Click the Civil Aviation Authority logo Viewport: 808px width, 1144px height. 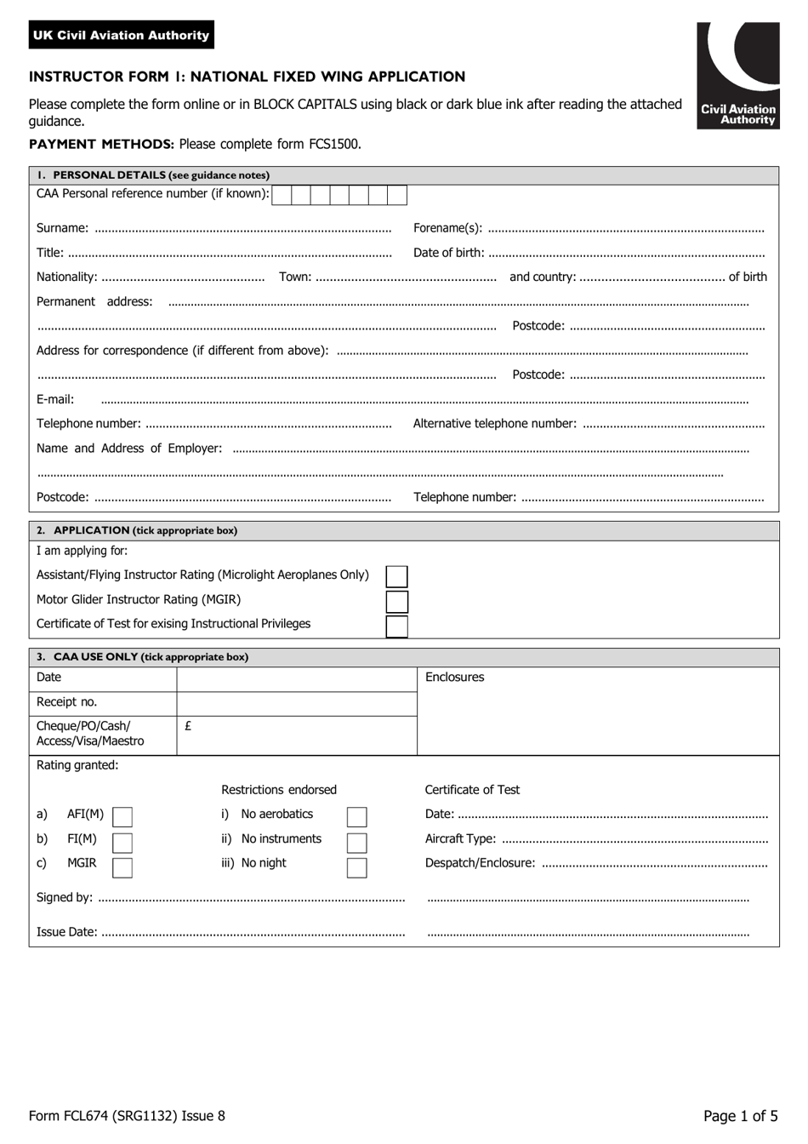[737, 76]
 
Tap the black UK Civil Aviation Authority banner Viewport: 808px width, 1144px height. [121, 35]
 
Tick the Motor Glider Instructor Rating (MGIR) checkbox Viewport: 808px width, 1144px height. [396, 602]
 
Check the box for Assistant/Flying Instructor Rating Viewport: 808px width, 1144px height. [396, 576]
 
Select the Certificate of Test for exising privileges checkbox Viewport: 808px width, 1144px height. [396, 626]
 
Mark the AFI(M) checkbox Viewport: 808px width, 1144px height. [122, 817]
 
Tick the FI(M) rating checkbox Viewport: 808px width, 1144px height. [122, 843]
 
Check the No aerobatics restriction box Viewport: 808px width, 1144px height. [357, 817]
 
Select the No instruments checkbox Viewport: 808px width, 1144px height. [357, 843]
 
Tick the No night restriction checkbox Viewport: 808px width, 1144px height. [357, 867]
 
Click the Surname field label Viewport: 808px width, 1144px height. [62, 228]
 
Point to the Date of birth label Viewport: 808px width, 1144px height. [448, 253]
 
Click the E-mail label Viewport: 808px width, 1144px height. [55, 399]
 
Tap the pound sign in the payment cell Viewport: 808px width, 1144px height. [188, 726]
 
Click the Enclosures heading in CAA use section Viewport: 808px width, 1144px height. [454, 678]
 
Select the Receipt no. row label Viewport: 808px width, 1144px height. [66, 702]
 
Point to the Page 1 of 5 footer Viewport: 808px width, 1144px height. [740, 1116]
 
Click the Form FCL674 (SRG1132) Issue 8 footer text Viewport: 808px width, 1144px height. [127, 1116]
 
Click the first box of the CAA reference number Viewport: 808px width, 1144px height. [282, 195]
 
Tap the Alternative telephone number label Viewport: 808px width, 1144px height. [494, 424]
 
